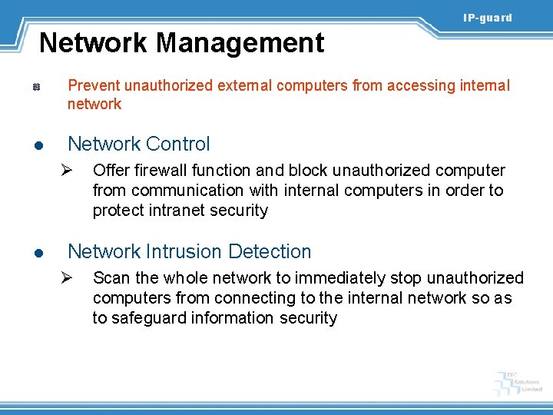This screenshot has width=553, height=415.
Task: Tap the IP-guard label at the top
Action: [x=487, y=18]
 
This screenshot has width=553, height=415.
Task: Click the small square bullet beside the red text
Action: [x=36, y=89]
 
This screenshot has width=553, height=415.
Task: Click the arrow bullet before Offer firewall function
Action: [x=67, y=171]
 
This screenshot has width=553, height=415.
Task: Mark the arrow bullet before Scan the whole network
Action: [x=67, y=278]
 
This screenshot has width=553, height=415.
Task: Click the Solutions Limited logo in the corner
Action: [x=519, y=382]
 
